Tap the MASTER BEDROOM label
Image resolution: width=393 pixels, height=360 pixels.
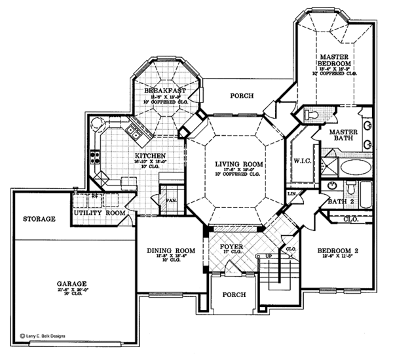tap(333, 61)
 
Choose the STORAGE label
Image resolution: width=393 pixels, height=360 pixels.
tap(38, 218)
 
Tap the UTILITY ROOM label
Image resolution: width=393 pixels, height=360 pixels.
tap(98, 214)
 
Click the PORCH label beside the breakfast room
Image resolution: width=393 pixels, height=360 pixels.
tap(242, 96)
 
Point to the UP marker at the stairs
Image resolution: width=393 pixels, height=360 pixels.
tap(267, 255)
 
